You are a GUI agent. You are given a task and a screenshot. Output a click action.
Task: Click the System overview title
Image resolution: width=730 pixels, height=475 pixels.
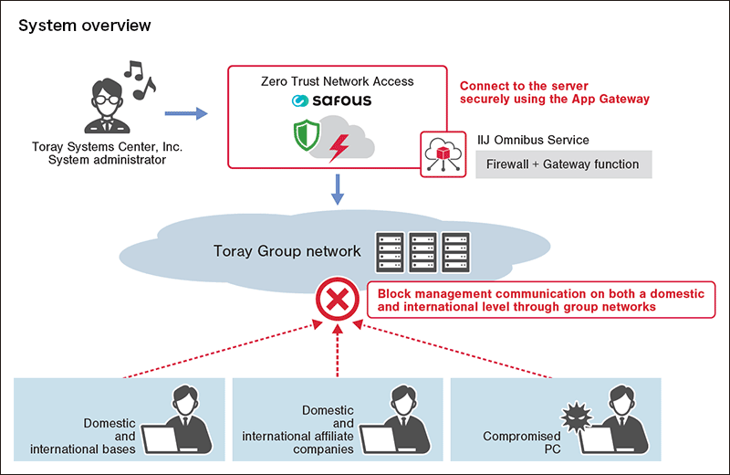(x=85, y=26)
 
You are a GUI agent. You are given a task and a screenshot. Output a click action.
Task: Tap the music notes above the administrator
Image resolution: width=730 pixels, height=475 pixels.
(x=140, y=79)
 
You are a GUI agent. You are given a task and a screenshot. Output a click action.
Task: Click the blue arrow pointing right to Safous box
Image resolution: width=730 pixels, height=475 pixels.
(x=185, y=114)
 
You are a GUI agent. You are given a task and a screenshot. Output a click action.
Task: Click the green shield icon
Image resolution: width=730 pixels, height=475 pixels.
(x=308, y=136)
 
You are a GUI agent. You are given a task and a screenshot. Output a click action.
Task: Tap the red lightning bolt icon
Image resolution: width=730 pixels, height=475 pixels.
(x=339, y=144)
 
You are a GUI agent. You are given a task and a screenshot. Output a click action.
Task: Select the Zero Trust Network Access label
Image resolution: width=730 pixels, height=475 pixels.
(x=337, y=81)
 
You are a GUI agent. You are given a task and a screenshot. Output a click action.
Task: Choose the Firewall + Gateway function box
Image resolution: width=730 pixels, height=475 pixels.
(x=563, y=164)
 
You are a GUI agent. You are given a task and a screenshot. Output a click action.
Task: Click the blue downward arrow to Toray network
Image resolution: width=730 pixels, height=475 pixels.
(x=337, y=190)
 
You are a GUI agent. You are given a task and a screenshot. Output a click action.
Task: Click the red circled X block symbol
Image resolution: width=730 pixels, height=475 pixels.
(x=337, y=299)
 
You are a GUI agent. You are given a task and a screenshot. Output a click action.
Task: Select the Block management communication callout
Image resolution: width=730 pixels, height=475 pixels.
(x=542, y=301)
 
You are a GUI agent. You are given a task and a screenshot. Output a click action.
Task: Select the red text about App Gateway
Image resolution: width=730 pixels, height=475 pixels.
(x=555, y=91)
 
